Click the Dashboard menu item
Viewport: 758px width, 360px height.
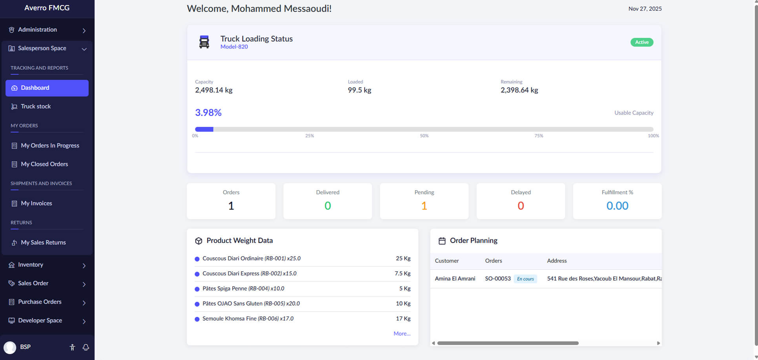pos(47,88)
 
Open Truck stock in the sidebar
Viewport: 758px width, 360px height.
pos(36,106)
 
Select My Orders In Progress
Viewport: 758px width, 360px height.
pos(50,145)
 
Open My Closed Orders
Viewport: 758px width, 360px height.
pos(44,164)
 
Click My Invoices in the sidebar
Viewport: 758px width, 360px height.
pos(36,203)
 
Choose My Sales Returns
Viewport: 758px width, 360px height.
pos(43,242)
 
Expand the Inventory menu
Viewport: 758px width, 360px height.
pos(47,265)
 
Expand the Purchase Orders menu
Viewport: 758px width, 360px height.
pos(47,302)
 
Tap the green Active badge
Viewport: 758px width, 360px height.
pos(641,42)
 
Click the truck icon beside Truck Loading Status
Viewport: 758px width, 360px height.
pos(204,42)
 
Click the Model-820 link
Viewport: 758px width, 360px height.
pos(234,47)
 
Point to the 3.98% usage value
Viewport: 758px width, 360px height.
pos(208,113)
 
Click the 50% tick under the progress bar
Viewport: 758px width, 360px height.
pos(424,136)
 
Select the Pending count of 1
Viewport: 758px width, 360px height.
pos(424,206)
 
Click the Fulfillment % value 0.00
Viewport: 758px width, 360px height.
pos(617,206)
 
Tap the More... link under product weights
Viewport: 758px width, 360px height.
pos(402,334)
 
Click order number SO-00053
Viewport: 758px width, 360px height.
pos(497,278)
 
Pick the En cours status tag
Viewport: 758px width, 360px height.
pos(525,279)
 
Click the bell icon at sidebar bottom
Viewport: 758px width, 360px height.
pos(86,347)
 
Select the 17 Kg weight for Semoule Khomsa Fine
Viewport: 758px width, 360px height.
pos(403,318)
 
